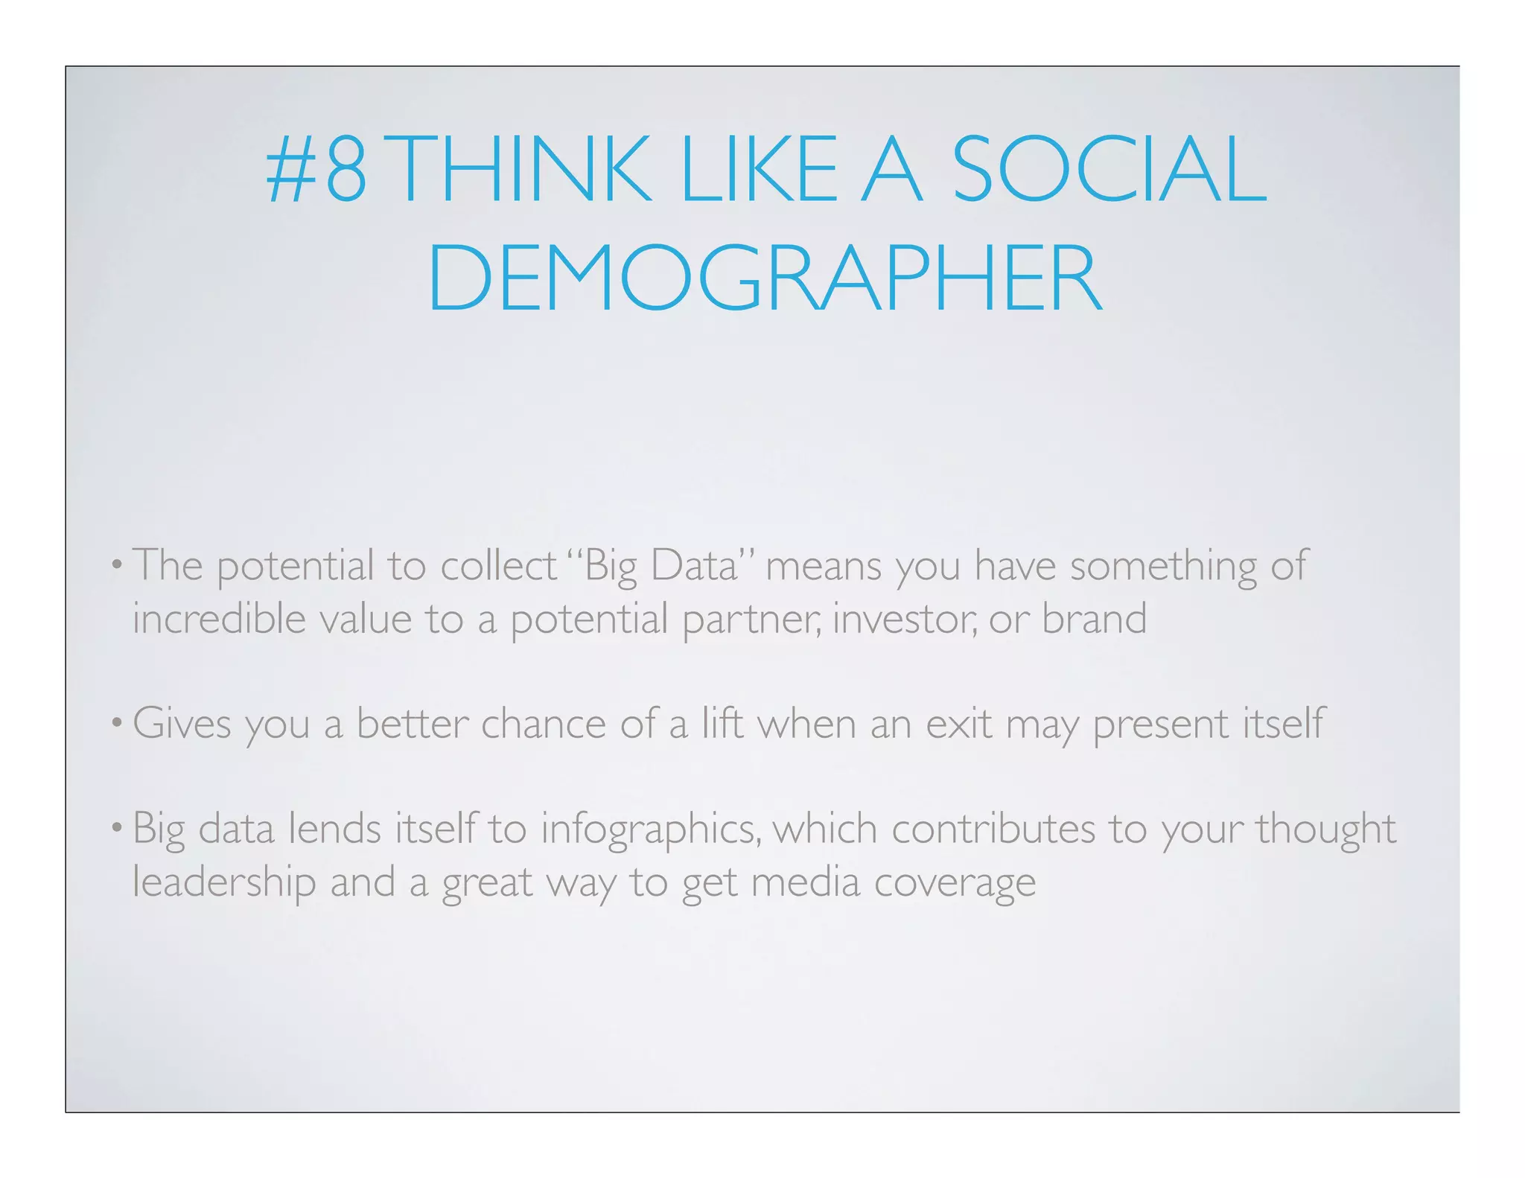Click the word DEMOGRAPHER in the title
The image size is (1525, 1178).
(x=764, y=278)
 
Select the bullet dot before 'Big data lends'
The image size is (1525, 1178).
(x=116, y=829)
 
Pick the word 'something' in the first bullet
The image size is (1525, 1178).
(x=1162, y=566)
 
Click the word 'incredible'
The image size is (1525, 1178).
(x=219, y=619)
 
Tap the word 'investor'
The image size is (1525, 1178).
(x=904, y=620)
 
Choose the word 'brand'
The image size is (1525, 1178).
(x=1094, y=619)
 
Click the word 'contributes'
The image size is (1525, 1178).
(x=993, y=829)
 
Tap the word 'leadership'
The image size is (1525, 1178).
(x=224, y=883)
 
